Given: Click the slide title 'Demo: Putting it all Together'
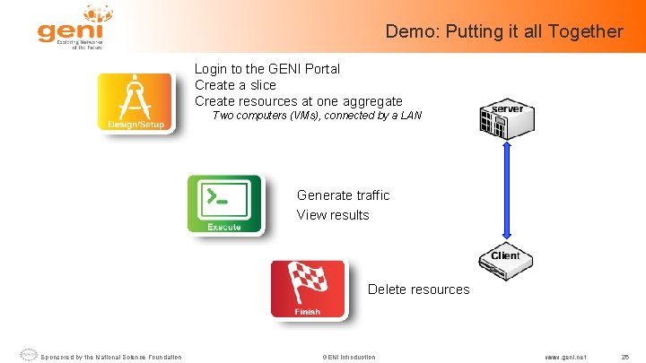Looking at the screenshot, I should tap(503, 31).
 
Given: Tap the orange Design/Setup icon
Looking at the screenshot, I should tap(136, 101).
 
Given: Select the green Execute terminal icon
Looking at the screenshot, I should tap(224, 204).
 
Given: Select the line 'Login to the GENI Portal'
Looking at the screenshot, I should tap(267, 69).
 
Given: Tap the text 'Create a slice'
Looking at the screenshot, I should tap(235, 85).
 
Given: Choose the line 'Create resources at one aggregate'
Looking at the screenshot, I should tap(298, 101).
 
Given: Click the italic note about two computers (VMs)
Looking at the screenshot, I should tap(316, 116).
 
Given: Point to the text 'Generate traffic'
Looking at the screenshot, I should tap(343, 195).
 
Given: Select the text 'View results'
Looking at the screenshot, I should tap(333, 215).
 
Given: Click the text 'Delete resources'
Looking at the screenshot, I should tap(418, 290).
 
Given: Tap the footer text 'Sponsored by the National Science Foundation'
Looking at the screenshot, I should tap(111, 357).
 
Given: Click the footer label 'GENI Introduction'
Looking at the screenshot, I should tap(349, 357).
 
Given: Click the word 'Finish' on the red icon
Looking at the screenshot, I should tap(308, 311).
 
